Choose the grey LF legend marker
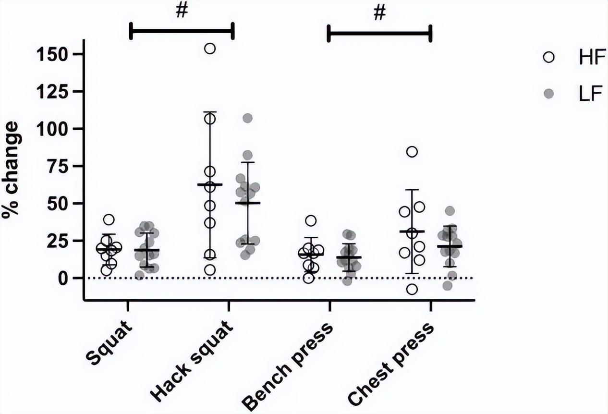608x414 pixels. [x=549, y=94]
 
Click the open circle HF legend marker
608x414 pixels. [x=549, y=58]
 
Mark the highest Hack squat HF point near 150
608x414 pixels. [x=210, y=49]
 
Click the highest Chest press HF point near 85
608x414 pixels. [x=412, y=152]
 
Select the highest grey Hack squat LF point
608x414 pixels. [x=248, y=118]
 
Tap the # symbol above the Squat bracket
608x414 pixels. [x=182, y=12]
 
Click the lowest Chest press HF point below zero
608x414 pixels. [x=412, y=289]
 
